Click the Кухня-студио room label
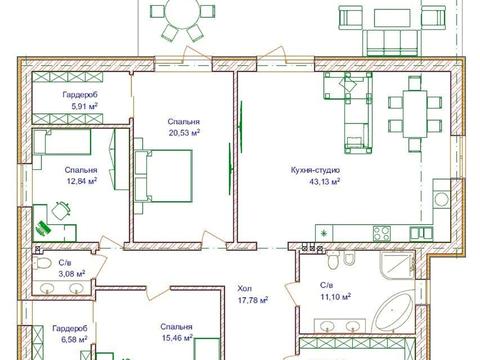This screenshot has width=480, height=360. point(315,170)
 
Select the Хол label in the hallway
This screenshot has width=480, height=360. point(245,288)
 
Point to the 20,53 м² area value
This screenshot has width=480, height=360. point(184,133)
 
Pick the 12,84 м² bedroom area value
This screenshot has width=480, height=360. point(82,181)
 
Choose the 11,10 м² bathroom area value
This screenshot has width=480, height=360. point(335,296)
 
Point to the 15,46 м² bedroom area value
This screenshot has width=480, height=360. point(177,338)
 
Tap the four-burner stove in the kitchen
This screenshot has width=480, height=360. point(382,233)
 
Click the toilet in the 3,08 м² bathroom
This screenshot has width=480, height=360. point(42,263)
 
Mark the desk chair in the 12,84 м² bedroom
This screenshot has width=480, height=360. point(61,211)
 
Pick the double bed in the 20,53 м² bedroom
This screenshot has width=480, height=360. point(163,176)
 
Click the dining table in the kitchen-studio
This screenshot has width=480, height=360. point(415,114)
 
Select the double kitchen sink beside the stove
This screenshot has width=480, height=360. point(421,233)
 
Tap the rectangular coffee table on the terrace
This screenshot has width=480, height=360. point(392,18)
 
